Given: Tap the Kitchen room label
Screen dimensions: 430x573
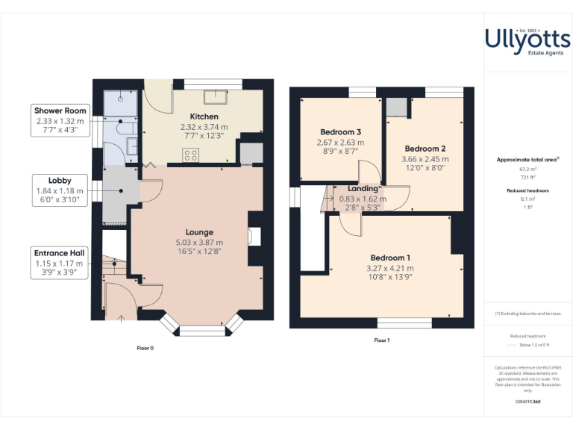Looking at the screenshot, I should [x=204, y=116].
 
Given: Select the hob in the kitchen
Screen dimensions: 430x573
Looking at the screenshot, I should [x=191, y=156].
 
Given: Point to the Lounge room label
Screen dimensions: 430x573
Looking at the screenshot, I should [x=199, y=232].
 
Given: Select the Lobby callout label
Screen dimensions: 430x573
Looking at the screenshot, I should [x=60, y=180].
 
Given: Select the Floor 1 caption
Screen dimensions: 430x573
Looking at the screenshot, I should [x=382, y=340].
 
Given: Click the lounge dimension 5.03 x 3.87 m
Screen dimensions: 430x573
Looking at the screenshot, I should [x=199, y=243].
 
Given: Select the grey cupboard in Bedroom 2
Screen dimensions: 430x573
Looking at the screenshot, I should [x=396, y=107].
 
